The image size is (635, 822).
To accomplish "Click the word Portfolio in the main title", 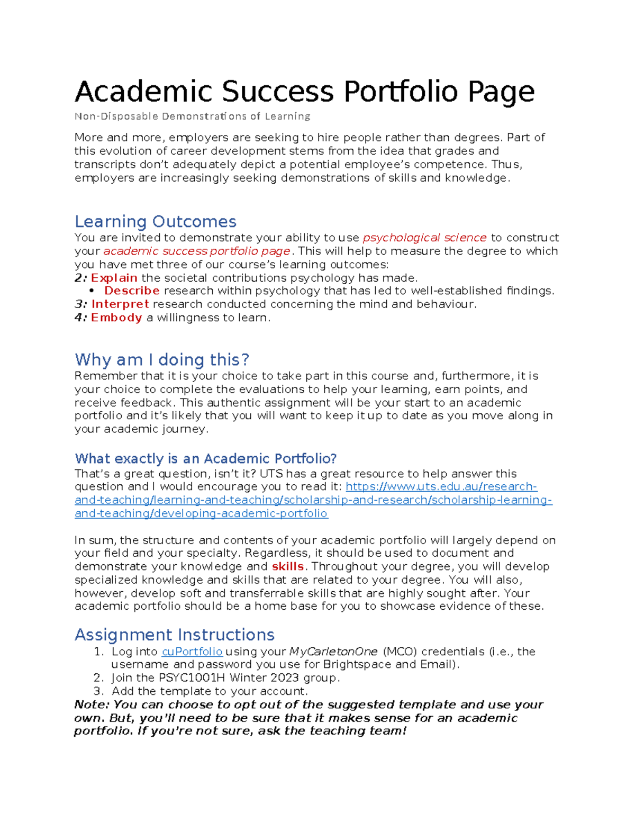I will coord(401,92).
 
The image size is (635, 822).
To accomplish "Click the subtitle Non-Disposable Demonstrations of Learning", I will coord(192,116).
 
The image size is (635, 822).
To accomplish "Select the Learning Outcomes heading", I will coord(155,221).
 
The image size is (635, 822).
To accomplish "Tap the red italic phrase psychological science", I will coord(424,238).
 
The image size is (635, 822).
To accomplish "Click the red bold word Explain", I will coord(114,278).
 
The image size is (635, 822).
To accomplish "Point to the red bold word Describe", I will coord(132,291).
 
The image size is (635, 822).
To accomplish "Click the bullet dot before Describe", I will coord(92,291).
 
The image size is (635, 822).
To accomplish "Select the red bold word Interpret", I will coord(120,304).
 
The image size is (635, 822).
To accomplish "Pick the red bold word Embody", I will coord(116,318).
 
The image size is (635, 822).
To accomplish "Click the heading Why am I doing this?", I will coord(162,360).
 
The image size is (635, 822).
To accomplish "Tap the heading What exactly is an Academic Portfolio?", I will coord(206,458).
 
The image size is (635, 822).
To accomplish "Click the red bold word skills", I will coord(287,566).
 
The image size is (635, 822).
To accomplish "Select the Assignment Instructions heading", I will coord(175,635).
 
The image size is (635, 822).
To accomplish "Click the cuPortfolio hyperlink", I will coord(192,652).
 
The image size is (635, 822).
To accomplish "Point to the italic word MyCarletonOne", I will coord(333,652).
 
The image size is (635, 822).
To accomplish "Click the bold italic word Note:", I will coord(92,704).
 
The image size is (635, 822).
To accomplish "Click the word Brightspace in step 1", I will coord(357,665).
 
